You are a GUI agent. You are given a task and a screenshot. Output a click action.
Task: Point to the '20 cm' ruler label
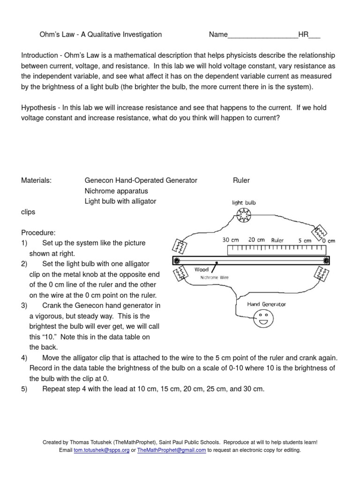(256, 240)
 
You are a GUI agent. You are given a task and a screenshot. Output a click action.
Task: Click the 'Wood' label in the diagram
(201, 270)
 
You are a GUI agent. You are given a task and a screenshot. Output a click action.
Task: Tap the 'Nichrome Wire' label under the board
(214, 277)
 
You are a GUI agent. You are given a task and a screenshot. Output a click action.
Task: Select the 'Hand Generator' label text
(266, 304)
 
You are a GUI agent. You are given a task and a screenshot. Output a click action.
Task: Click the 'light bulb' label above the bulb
(244, 203)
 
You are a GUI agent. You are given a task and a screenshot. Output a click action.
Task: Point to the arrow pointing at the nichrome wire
(214, 267)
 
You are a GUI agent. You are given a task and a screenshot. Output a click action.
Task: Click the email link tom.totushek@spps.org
(102, 450)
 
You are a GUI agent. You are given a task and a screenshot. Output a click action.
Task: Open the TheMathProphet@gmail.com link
(172, 450)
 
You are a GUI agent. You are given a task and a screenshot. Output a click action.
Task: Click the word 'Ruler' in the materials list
(241, 180)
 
